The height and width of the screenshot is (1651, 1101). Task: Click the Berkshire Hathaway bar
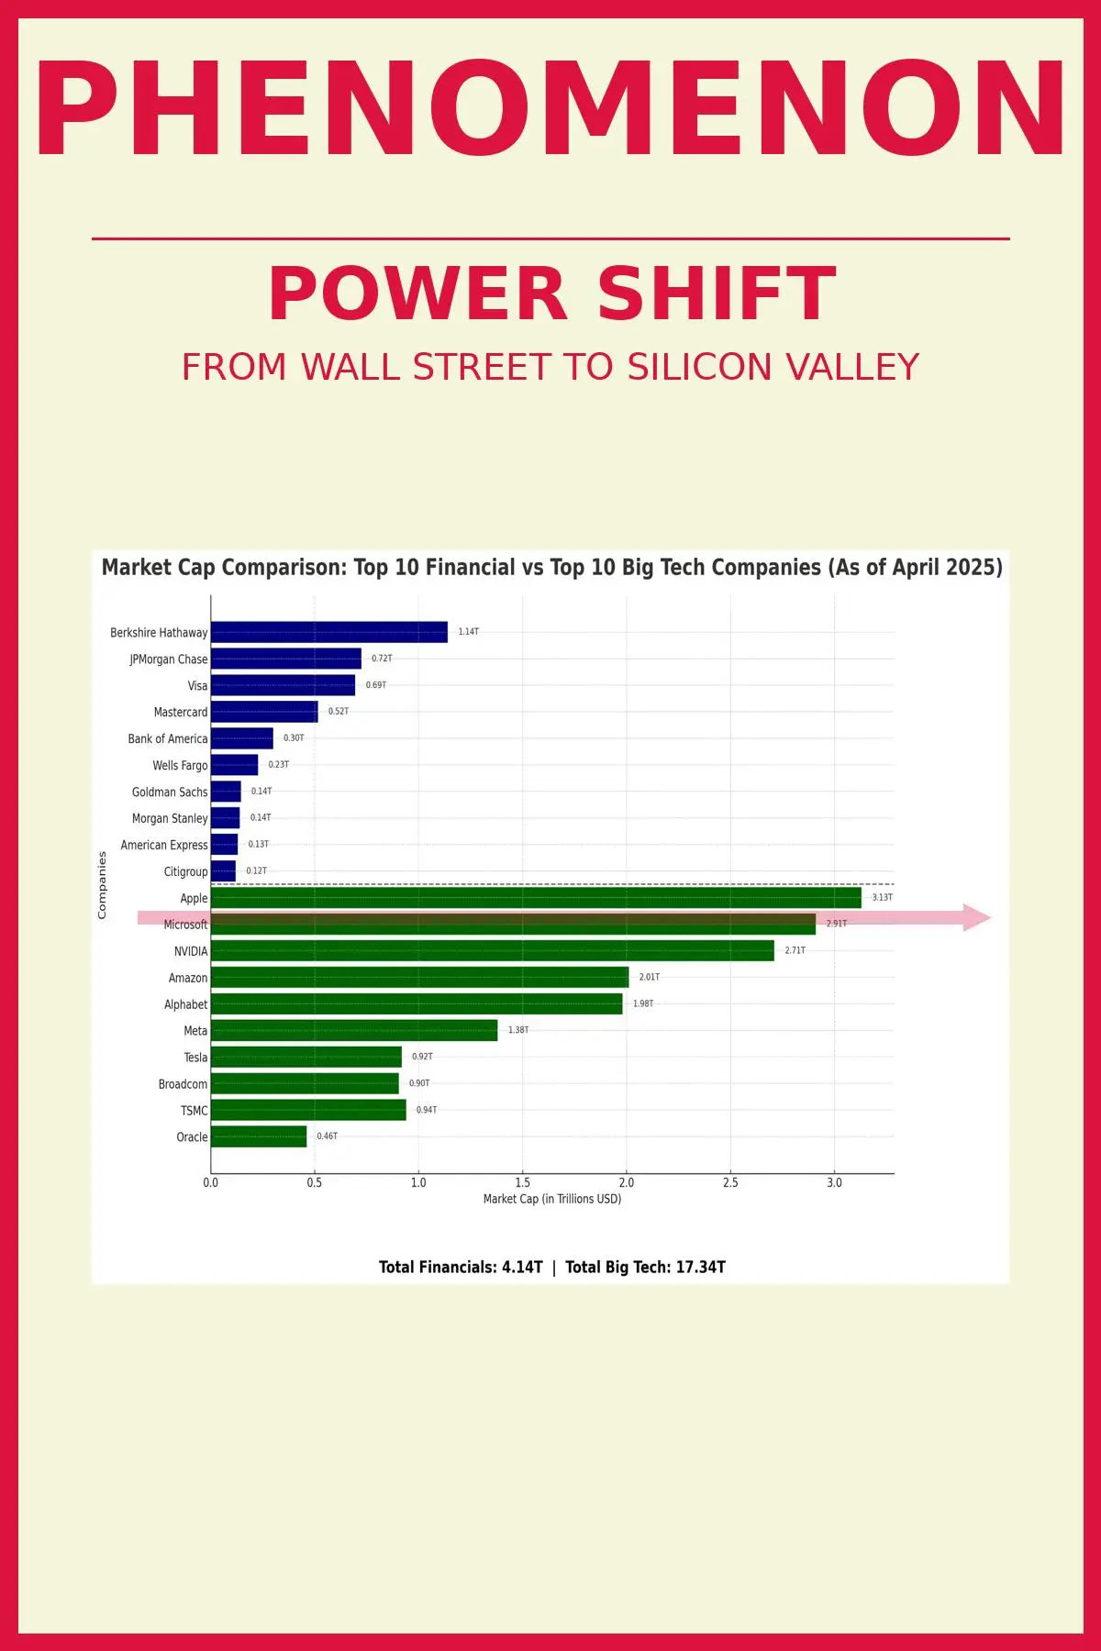pyautogui.click(x=328, y=632)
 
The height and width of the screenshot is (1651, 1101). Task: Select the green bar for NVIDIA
pyautogui.click(x=492, y=950)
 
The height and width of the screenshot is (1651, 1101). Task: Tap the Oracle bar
pyautogui.click(x=259, y=1136)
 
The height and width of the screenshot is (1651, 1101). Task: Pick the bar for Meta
pyautogui.click(x=354, y=1030)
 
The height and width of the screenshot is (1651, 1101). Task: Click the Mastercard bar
pyautogui.click(x=264, y=712)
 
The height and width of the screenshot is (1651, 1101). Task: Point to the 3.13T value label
pyautogui.click(x=882, y=897)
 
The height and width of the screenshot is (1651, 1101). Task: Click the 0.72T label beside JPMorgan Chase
pyautogui.click(x=382, y=659)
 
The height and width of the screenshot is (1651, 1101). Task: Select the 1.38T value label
pyautogui.click(x=518, y=1030)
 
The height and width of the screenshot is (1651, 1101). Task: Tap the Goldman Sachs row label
pyautogui.click(x=170, y=792)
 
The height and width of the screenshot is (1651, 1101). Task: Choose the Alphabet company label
pyautogui.click(x=185, y=1004)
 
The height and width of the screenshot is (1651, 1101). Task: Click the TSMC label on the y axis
pyautogui.click(x=194, y=1111)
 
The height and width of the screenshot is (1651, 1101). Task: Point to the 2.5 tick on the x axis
pyautogui.click(x=730, y=1182)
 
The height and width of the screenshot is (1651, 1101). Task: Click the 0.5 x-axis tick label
pyautogui.click(x=315, y=1182)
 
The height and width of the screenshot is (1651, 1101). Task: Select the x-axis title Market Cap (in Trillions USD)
pyautogui.click(x=552, y=1199)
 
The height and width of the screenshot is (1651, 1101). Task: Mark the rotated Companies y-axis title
pyautogui.click(x=102, y=885)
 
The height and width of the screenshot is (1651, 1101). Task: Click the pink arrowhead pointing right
pyautogui.click(x=976, y=917)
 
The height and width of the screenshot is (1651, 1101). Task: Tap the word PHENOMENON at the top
pyautogui.click(x=550, y=110)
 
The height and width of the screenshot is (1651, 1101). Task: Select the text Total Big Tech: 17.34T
pyautogui.click(x=645, y=1267)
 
